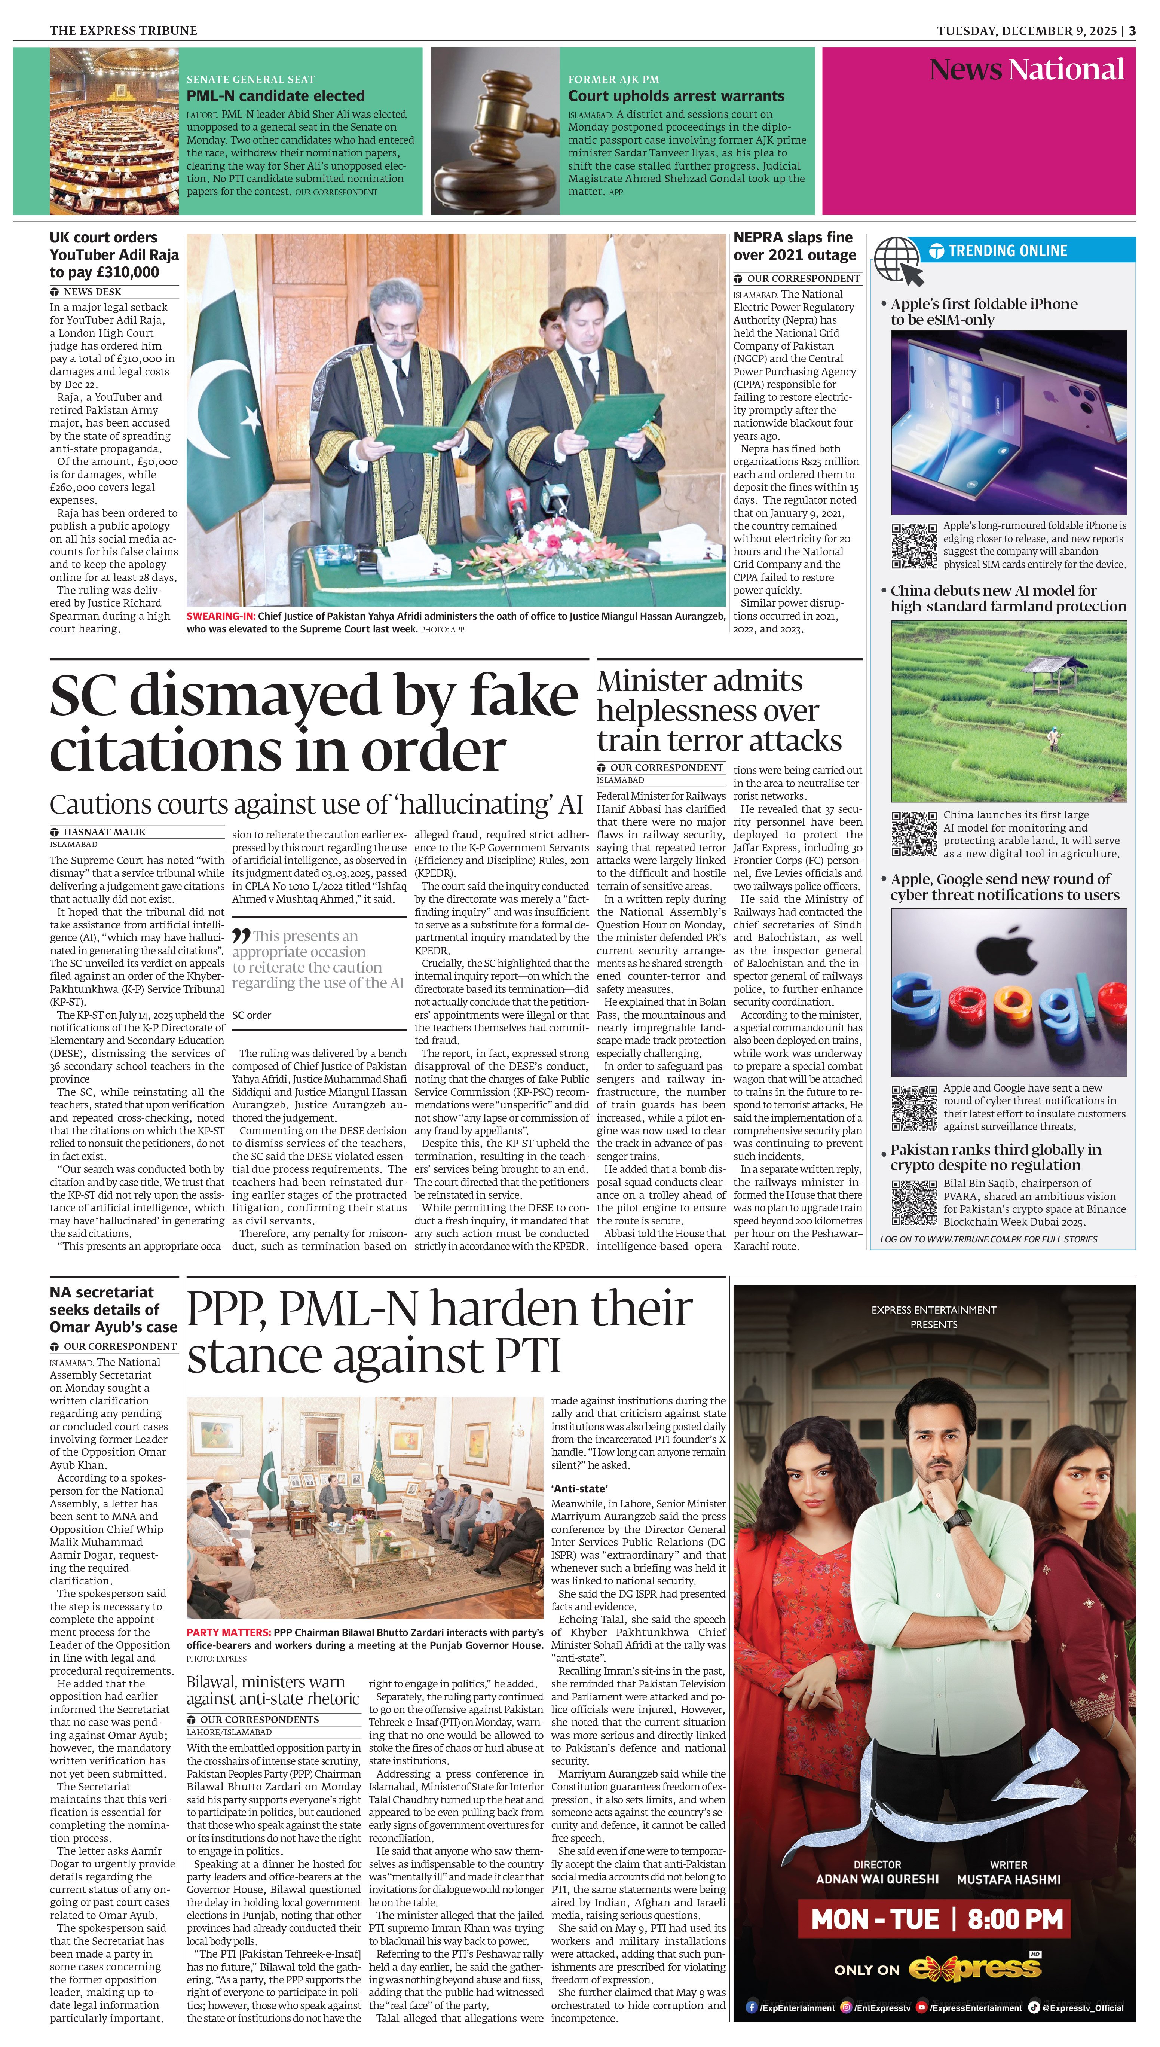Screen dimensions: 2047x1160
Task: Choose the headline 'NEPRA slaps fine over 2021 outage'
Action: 794,246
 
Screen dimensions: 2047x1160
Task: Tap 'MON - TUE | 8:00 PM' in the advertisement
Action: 937,1919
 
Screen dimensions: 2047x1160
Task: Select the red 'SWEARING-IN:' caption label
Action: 221,616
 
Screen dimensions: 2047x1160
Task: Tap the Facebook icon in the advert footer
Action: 751,2007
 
